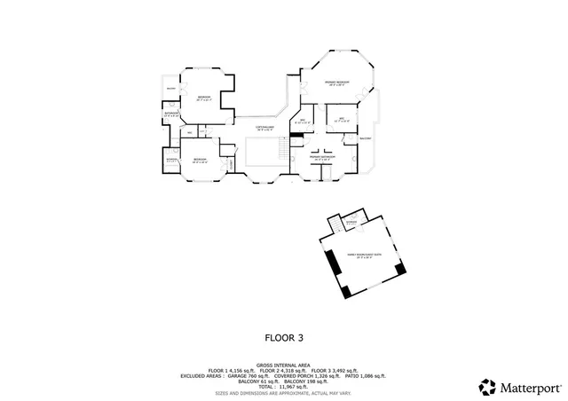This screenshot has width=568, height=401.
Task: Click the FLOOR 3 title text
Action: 284,337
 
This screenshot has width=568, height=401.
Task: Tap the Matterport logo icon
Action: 487,388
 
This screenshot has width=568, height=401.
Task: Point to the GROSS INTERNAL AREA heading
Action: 284,365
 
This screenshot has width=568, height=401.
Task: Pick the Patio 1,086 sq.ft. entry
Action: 366,374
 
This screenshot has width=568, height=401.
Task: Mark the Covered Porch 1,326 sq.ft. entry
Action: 313,374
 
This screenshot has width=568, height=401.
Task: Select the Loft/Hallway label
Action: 264,128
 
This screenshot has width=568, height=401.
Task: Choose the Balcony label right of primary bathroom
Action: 365,139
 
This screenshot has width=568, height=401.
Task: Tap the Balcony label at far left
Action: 171,89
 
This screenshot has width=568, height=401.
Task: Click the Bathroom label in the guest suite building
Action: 351,222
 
